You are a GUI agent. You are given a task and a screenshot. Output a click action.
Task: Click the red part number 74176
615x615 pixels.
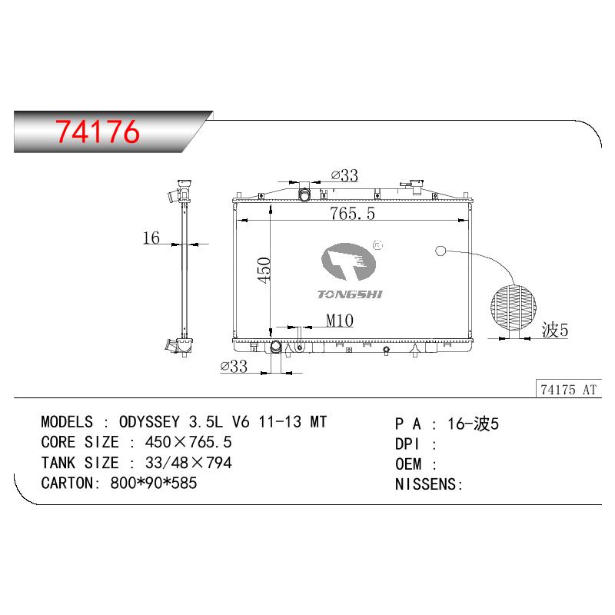[x=98, y=131]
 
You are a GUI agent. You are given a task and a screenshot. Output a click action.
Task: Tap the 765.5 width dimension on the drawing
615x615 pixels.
[x=352, y=214]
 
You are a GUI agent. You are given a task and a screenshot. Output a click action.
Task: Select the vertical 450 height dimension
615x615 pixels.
[x=264, y=271]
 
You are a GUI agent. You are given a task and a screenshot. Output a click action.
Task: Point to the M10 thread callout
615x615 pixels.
[x=340, y=321]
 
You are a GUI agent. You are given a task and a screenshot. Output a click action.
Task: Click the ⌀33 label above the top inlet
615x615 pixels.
[x=344, y=175]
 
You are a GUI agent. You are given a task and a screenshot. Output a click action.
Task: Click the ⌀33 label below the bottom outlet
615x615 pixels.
[x=234, y=367]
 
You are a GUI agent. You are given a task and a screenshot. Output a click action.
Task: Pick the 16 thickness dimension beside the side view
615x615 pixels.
[x=151, y=238]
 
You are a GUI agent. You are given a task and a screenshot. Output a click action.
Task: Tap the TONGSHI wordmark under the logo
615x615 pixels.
[x=350, y=294]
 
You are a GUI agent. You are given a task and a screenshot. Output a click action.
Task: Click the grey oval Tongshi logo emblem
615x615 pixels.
[x=348, y=261]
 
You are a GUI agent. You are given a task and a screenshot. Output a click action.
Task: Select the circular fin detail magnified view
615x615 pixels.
[x=514, y=307]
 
